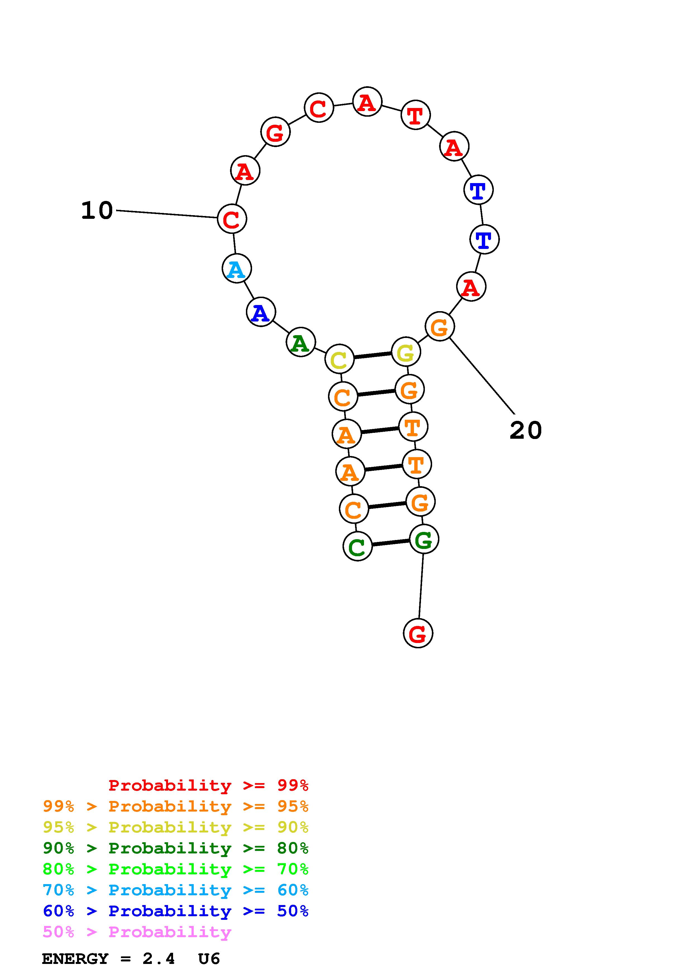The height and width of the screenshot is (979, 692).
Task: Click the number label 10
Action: click(97, 211)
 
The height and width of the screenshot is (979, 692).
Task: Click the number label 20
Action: click(525, 430)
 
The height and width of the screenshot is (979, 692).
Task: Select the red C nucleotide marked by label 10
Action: click(232, 219)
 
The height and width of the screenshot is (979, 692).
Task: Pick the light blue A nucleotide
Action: click(237, 269)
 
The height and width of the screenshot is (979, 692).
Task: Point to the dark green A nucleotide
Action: click(301, 342)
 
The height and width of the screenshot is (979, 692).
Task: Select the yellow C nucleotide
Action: click(339, 359)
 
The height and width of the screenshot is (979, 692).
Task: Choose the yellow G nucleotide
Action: click(406, 352)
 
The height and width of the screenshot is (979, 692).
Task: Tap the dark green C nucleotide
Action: click(357, 546)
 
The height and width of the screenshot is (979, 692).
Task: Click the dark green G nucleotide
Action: click(423, 539)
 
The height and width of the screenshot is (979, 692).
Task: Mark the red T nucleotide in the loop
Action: click(415, 115)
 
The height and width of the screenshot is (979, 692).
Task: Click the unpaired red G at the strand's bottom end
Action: click(418, 633)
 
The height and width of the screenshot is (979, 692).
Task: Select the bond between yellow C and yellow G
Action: click(372, 355)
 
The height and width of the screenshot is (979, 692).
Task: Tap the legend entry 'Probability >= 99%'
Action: click(208, 785)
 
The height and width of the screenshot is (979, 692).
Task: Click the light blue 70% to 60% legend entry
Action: click(175, 890)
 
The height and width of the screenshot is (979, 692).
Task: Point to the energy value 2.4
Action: click(159, 959)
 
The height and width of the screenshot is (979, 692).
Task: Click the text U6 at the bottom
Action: click(209, 959)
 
